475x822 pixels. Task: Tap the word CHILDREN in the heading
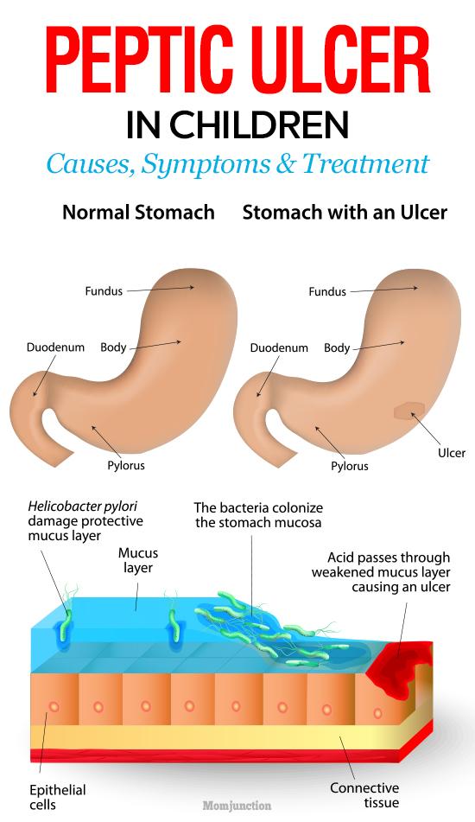(258, 125)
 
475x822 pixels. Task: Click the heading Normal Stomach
(138, 213)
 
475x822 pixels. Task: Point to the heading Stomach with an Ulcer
(345, 213)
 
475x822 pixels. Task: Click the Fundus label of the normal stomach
(104, 291)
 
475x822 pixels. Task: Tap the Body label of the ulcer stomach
(337, 347)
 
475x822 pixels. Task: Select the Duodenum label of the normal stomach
(55, 347)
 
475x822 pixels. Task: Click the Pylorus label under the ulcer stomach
(349, 466)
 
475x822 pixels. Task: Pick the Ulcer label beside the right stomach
(452, 452)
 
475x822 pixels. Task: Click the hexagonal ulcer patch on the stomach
(409, 411)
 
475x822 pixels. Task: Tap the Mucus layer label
(137, 560)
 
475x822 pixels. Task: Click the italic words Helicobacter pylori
(83, 507)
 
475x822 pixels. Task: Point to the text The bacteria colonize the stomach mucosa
(258, 515)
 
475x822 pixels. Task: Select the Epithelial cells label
(58, 797)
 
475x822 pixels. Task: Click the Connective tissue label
(364, 794)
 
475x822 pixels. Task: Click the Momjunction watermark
(237, 806)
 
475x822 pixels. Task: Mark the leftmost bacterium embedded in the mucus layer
(66, 624)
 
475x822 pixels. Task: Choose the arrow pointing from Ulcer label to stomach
(426, 429)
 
